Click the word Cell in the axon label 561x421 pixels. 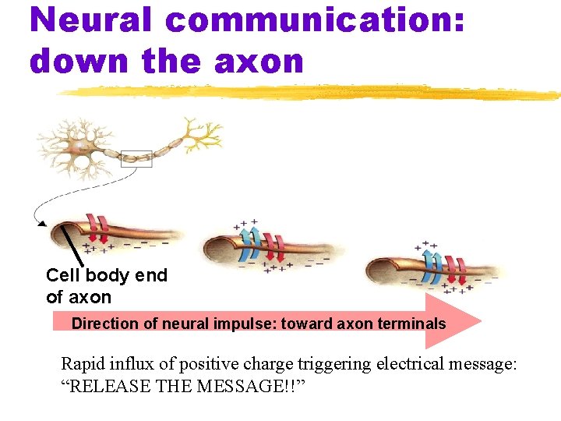(63, 275)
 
